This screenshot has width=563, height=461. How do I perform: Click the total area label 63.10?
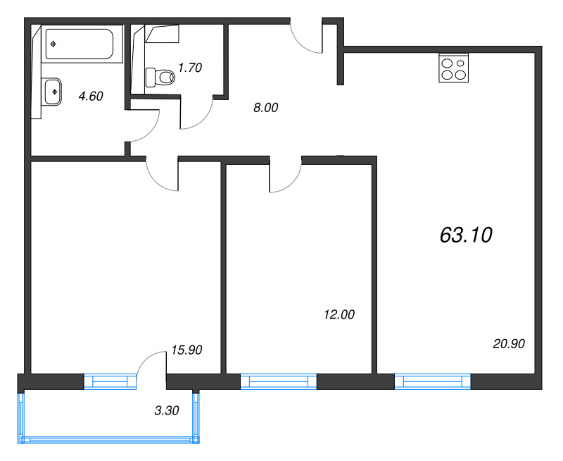[465, 235]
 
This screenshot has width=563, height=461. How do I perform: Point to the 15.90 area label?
[186, 349]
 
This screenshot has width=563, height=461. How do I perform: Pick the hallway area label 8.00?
[266, 108]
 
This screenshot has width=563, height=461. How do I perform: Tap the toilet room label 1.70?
[190, 68]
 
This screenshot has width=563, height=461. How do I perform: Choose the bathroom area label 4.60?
[91, 97]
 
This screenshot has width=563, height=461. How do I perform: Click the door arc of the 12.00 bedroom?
[285, 178]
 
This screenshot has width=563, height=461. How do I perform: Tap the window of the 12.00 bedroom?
[279, 382]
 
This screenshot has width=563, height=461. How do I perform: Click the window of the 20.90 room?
[432, 382]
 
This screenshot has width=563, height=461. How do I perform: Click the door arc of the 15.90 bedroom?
[162, 176]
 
